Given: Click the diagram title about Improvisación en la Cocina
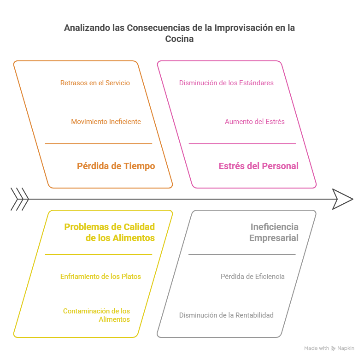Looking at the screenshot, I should (180, 33).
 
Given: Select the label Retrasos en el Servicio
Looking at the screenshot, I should (95, 83).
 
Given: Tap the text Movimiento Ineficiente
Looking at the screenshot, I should (106, 122).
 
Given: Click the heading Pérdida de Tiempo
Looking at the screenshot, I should (116, 166).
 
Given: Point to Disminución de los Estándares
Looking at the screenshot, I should (226, 83).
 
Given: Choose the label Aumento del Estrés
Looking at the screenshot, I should (254, 122).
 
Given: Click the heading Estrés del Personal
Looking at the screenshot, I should (258, 166).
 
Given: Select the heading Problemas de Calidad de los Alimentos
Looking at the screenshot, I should (110, 232).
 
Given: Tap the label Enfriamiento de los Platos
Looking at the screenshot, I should (100, 277).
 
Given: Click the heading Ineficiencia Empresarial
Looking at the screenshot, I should (274, 232).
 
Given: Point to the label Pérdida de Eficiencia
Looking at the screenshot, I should (252, 277).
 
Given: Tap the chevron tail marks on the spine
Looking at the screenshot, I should (20, 199).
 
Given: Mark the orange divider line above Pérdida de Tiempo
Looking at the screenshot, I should (98, 144).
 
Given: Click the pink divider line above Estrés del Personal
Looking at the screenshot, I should (242, 144).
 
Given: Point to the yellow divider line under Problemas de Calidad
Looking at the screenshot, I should (98, 254).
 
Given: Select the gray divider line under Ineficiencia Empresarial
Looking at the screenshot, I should (242, 254).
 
